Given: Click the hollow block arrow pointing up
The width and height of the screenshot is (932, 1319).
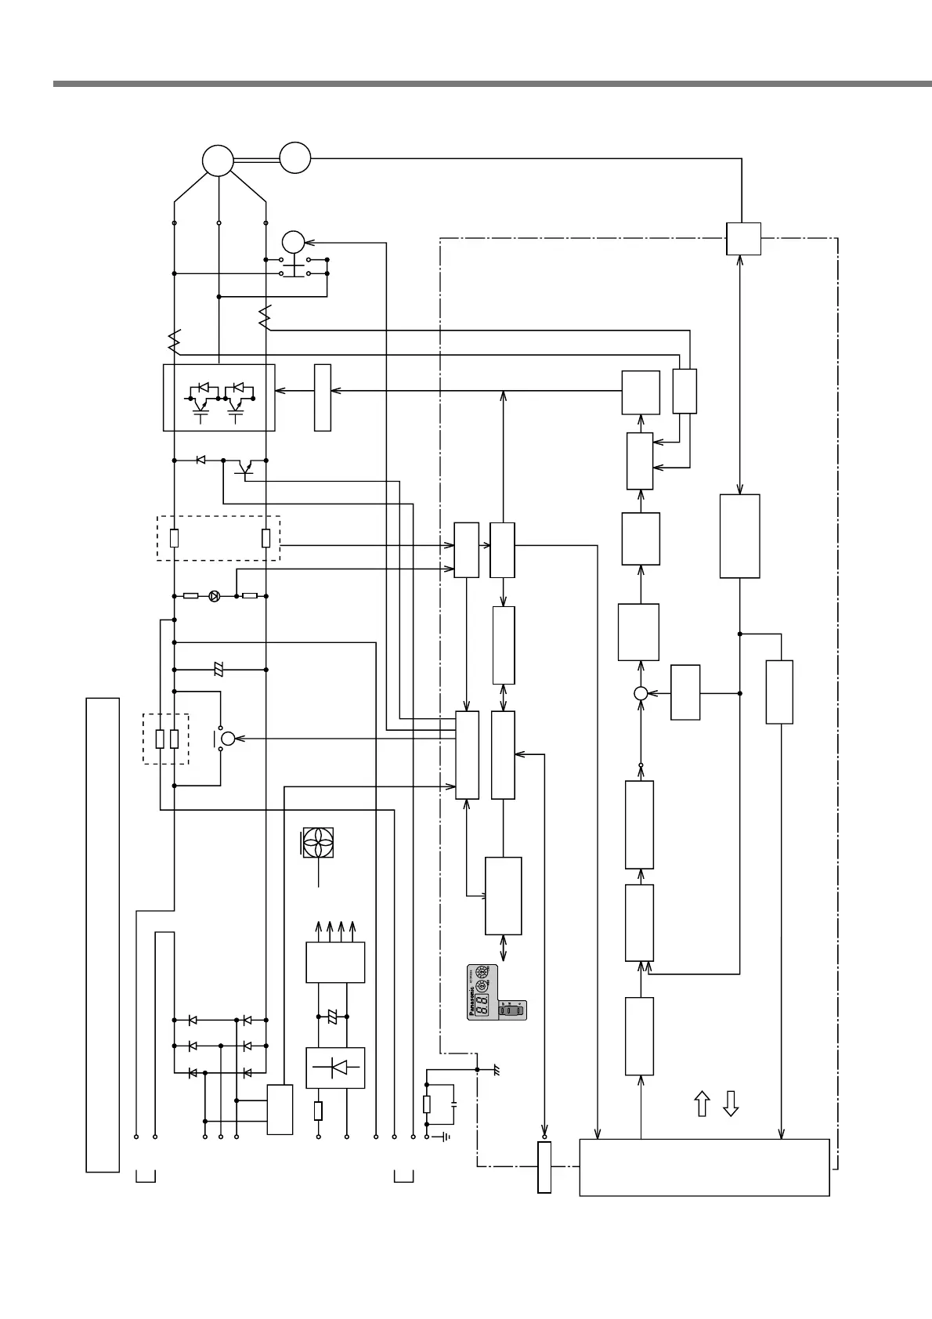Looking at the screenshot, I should coord(703,1104).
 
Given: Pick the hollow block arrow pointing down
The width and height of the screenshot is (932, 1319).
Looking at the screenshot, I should coord(730,1104).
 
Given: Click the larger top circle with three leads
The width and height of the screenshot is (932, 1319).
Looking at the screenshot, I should coord(218,160).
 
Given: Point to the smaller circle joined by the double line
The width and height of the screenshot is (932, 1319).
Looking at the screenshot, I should coord(295,157).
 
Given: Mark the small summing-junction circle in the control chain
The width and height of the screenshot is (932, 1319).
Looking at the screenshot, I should coord(640,693).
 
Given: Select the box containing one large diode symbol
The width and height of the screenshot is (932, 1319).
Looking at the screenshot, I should coord(335,1068).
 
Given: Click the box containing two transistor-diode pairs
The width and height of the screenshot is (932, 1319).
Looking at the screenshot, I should coord(219,397).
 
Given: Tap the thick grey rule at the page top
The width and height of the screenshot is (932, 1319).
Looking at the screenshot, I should coord(492,83).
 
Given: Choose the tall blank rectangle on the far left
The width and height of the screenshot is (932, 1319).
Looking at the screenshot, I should coord(103,934).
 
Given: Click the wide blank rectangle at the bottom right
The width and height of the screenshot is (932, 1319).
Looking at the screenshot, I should coord(703,1167).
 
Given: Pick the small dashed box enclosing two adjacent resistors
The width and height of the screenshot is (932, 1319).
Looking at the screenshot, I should coord(166,739).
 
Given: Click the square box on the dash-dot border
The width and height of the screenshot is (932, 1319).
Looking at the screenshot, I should coord(742,239).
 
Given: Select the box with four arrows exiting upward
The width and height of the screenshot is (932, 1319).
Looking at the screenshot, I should coord(335,963).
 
